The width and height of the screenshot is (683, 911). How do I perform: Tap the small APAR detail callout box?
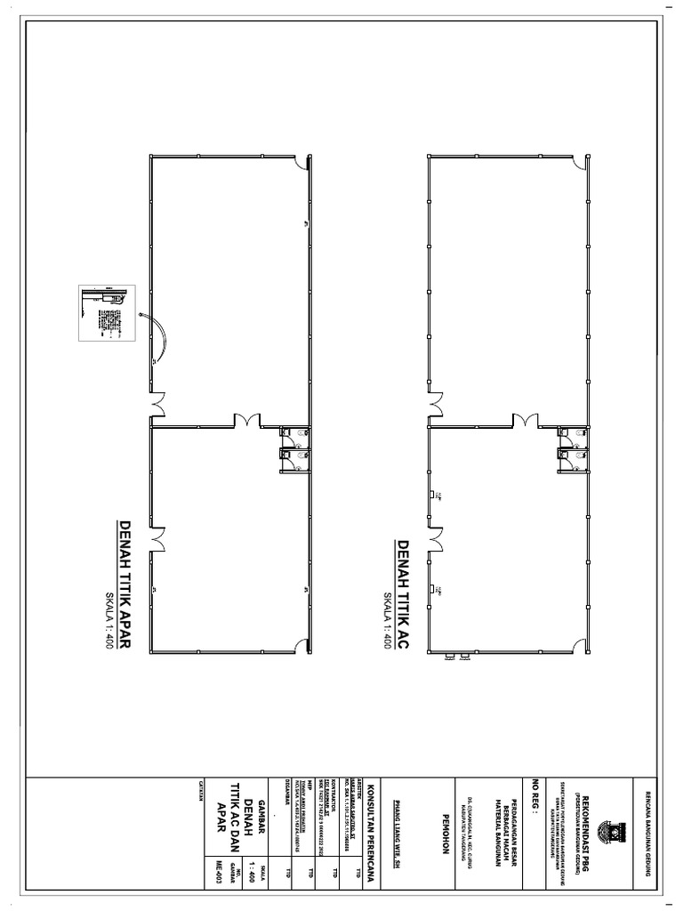tap(106, 317)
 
